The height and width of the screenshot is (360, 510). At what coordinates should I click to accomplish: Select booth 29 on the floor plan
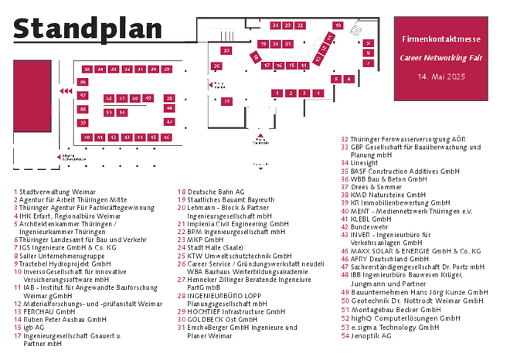[166, 70]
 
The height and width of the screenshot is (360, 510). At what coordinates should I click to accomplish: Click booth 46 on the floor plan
[166, 137]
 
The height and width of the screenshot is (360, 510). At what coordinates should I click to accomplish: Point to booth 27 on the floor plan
[226, 101]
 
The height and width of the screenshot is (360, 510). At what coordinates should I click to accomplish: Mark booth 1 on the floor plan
[277, 93]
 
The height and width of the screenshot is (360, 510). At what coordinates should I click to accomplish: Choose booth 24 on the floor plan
[276, 25]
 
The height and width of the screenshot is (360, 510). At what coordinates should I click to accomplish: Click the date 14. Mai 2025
[441, 77]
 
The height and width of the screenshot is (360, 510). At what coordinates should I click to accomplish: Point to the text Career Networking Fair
[441, 58]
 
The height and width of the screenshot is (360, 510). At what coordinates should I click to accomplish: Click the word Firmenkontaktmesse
[441, 39]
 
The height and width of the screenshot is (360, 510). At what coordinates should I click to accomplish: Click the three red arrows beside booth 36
[66, 91]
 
